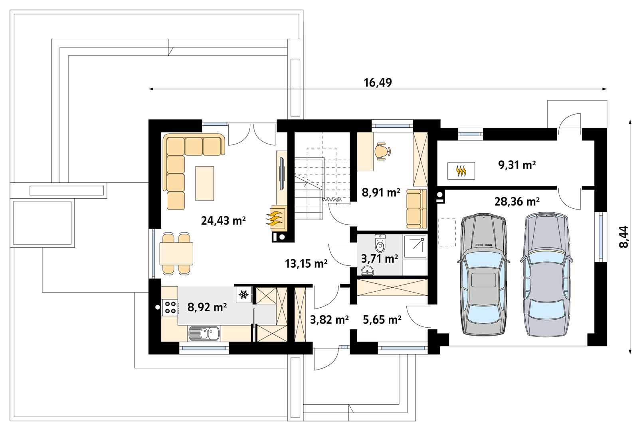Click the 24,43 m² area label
point(223,221)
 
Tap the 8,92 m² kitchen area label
point(207,307)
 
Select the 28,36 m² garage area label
point(517,202)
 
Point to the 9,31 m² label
point(517,165)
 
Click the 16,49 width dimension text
point(378,83)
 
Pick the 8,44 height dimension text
point(623,237)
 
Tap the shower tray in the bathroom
point(415,246)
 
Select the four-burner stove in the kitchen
point(170,307)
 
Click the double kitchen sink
point(204,333)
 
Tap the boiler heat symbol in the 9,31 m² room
point(461,171)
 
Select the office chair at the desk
point(383,151)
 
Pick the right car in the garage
point(546,274)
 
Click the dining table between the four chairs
point(176,253)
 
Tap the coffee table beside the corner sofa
point(205,184)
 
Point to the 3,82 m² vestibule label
point(329,320)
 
